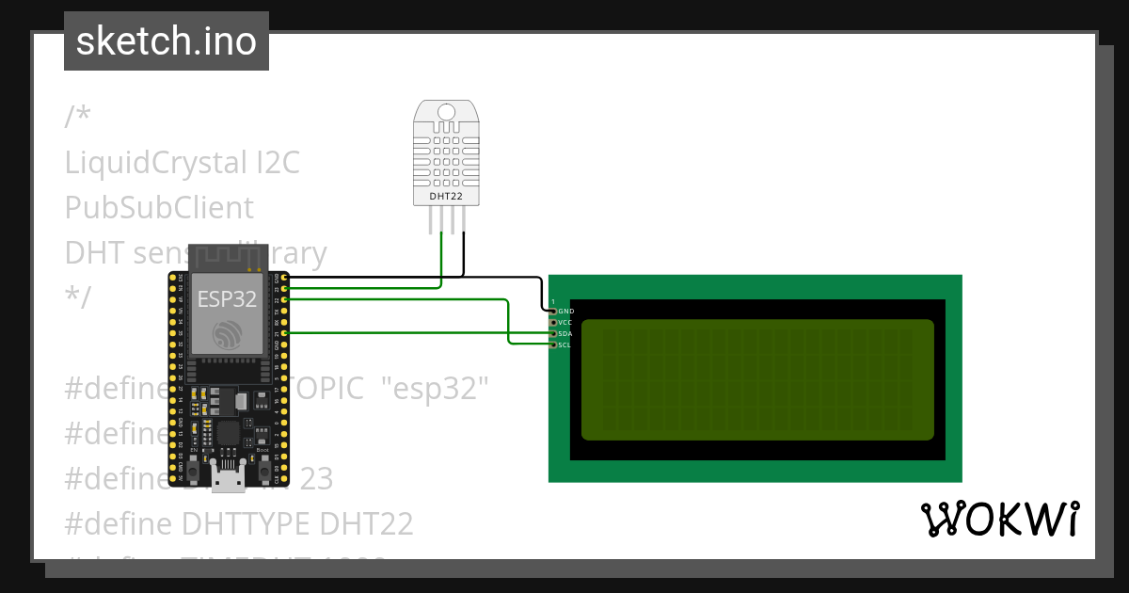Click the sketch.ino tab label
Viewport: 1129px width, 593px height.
tap(166, 41)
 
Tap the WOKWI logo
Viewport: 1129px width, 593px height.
tap(999, 520)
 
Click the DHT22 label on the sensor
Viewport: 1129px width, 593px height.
tap(445, 197)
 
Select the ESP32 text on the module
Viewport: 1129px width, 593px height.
tap(226, 298)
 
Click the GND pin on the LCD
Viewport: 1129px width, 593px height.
tap(553, 311)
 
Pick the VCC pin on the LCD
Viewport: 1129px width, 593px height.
tap(553, 322)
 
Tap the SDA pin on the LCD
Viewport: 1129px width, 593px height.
tap(553, 333)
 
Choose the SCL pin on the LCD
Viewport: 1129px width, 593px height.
tap(553, 345)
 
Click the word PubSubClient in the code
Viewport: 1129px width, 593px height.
tap(159, 207)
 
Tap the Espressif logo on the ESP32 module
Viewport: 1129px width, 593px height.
tap(226, 335)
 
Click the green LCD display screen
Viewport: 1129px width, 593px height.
tap(756, 380)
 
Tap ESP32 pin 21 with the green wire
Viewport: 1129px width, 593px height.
tap(284, 333)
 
